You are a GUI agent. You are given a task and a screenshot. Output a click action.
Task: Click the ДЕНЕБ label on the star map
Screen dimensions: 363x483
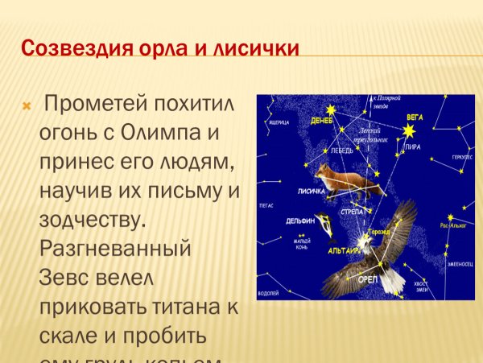point(322,121)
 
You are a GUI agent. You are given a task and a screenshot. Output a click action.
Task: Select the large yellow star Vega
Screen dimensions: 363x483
point(410,130)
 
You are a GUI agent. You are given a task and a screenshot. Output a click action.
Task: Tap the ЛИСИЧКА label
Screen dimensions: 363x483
point(311,192)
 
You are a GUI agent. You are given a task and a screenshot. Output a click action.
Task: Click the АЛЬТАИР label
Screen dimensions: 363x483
point(345,251)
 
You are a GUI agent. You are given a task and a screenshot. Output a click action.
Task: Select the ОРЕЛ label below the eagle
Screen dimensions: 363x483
point(367,278)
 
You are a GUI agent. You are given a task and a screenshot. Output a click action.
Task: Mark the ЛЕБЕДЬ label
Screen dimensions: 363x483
point(341,150)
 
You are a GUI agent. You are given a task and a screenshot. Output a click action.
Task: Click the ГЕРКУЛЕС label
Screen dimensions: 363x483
point(461,157)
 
